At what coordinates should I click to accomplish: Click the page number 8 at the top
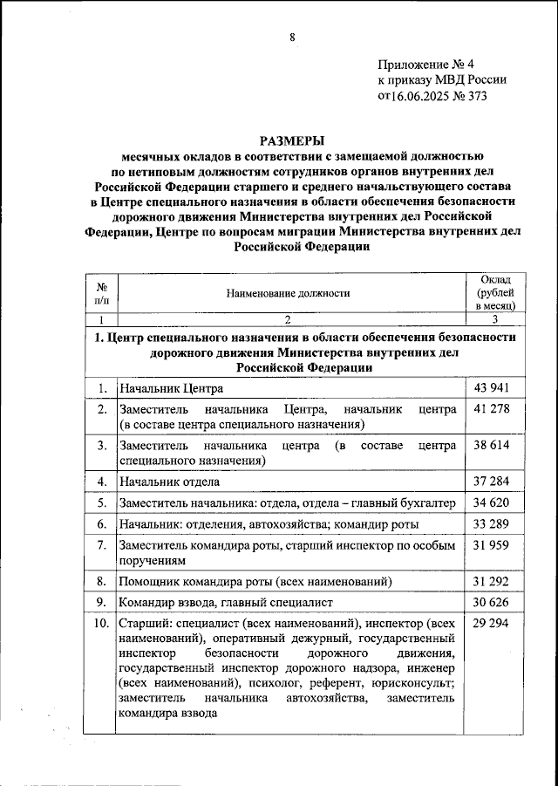point(292,37)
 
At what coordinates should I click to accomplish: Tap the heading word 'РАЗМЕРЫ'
point(291,140)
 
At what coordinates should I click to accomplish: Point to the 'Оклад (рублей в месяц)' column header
point(496,292)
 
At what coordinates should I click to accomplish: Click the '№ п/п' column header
point(101,293)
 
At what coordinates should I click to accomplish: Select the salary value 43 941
point(491,387)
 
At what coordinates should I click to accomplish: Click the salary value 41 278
point(491,408)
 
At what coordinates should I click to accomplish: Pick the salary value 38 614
point(491,445)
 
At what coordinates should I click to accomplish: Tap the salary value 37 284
point(491,481)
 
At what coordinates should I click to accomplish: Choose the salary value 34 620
point(491,502)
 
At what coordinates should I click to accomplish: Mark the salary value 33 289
point(491,523)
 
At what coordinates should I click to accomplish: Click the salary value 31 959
point(491,545)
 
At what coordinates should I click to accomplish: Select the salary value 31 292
point(491,580)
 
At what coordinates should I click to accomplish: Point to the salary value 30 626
point(491,602)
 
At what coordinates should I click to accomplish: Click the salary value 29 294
point(491,624)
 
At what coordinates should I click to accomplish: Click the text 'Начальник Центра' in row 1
point(173,388)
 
